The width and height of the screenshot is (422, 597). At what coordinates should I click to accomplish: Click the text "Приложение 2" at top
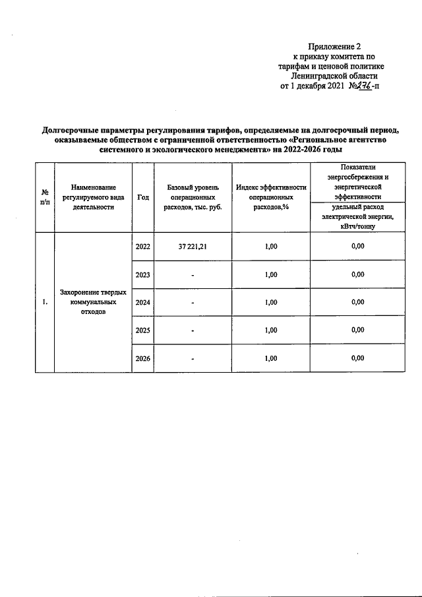coord(335,47)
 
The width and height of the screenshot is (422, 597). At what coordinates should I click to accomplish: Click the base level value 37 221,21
coord(192,247)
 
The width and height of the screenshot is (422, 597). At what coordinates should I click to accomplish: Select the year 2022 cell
coord(142,247)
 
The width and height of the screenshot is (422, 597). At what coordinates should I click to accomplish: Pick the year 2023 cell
coord(142,275)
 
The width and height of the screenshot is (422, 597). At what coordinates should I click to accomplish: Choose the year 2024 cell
coord(142,303)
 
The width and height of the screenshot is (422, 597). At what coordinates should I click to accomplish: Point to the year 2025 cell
coord(142,330)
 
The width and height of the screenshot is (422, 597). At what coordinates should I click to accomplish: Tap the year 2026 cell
coord(142,359)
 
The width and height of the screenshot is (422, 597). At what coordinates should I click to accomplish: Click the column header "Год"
coord(142,197)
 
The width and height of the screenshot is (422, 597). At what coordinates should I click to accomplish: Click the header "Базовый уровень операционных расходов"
coord(192,197)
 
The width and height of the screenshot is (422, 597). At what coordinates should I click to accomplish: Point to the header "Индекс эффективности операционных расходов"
coord(271,197)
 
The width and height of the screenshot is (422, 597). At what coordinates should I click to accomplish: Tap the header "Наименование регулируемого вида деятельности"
coord(93,197)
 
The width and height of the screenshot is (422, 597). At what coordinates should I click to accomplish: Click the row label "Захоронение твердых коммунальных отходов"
coord(93,302)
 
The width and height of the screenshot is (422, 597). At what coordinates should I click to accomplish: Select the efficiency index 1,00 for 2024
coord(271,303)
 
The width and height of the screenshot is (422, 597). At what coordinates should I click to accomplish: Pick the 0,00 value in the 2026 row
coord(357,358)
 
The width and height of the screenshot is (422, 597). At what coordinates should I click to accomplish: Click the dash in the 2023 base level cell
coord(192,276)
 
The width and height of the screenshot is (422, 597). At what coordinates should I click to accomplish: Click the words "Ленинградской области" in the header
coord(338,77)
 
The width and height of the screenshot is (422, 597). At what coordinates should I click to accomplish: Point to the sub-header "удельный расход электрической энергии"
coord(357,216)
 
